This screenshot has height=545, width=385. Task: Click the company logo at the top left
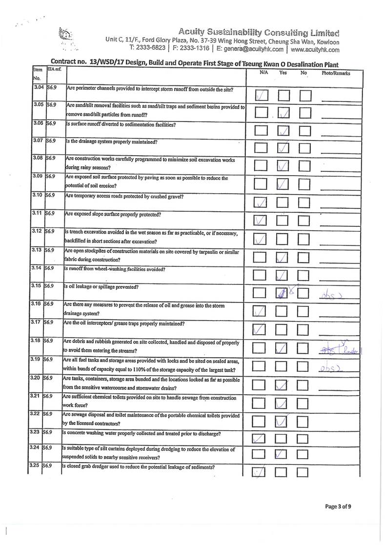[x=65, y=39]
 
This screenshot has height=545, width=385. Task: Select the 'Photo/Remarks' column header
[x=336, y=73]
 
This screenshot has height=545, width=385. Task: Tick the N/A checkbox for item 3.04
[x=262, y=95]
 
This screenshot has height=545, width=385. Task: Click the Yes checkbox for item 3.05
[x=284, y=113]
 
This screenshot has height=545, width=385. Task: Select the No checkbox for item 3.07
[x=305, y=149]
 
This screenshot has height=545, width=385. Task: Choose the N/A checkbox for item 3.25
[x=262, y=473]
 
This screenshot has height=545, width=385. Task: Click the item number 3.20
[x=37, y=378]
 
